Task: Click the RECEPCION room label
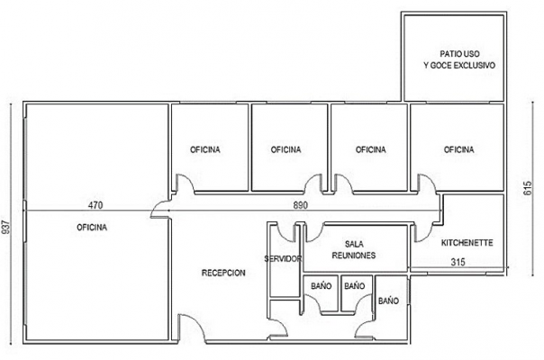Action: [x=223, y=273]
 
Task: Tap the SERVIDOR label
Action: [x=283, y=258]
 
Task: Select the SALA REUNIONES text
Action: [x=354, y=249]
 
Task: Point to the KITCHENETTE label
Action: [x=467, y=243]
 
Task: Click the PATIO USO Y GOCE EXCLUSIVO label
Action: [x=459, y=59]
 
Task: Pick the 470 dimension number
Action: [x=95, y=205]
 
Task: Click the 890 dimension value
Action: [x=301, y=205]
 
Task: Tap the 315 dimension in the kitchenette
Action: [x=458, y=262]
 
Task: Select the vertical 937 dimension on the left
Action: [x=6, y=227]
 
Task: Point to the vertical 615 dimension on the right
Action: [x=528, y=188]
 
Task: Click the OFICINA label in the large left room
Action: [x=92, y=228]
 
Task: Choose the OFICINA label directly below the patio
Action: [x=459, y=149]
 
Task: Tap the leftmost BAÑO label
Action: [x=322, y=286]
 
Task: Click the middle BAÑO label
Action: [x=355, y=286]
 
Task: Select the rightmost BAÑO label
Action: [x=388, y=301]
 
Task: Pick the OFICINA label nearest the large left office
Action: [x=205, y=149]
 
